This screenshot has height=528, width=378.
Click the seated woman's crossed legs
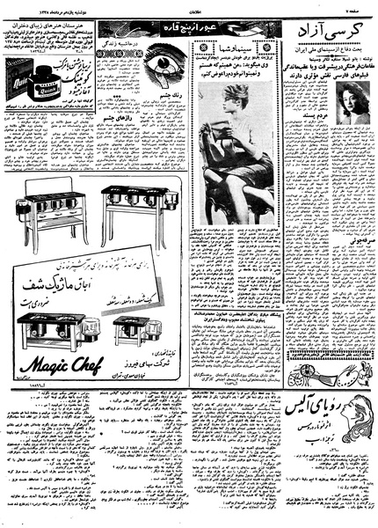coord(237,189)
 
